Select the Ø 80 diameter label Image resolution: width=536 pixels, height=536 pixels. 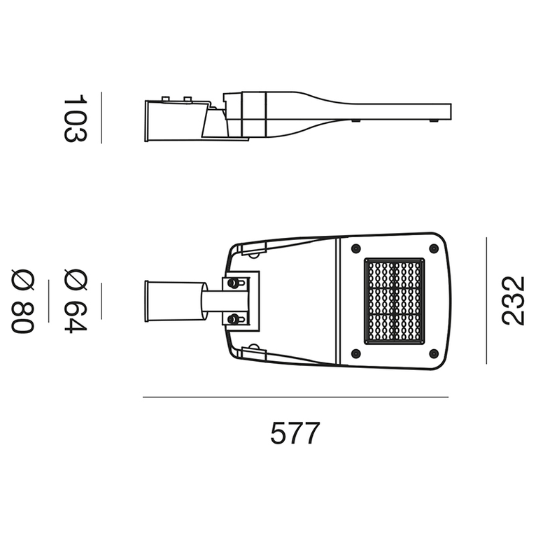point(23,301)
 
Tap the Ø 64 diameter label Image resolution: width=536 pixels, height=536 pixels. point(75,301)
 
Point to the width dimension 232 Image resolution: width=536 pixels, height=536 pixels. point(513,300)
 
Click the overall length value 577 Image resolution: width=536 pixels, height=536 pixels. point(295,434)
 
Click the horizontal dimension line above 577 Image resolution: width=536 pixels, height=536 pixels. point(295,397)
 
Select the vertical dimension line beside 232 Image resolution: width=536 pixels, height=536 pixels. point(486,300)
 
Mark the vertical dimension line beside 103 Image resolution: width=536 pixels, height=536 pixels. point(101,118)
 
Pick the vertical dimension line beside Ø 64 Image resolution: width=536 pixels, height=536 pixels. point(101,301)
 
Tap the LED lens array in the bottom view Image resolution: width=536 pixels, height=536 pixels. point(395,301)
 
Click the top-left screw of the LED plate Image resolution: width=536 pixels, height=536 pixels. point(355,248)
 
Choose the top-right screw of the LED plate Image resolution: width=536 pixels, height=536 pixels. point(434,248)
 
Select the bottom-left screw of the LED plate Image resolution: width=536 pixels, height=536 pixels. point(355,353)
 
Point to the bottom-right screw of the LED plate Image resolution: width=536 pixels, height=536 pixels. point(434,353)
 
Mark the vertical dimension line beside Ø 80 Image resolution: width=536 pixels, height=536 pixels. point(48,301)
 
